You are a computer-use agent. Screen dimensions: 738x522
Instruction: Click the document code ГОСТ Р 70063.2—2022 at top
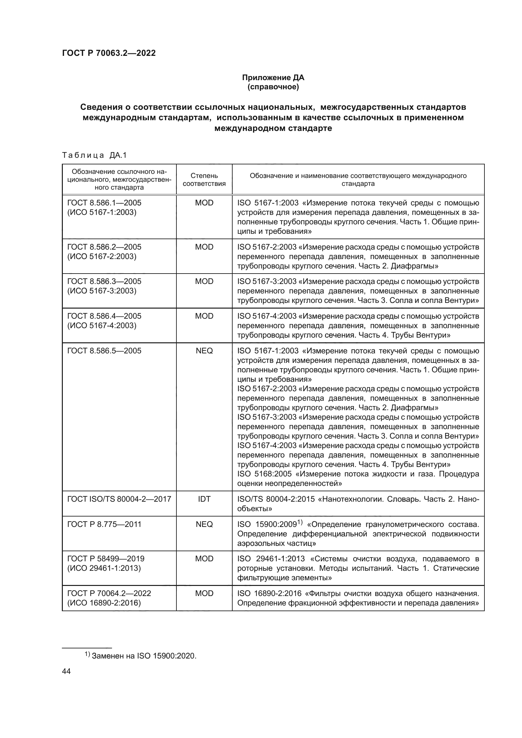click(x=109, y=53)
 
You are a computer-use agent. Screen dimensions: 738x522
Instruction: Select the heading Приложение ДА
click(x=273, y=78)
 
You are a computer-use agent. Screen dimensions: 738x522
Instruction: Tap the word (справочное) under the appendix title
click(x=273, y=87)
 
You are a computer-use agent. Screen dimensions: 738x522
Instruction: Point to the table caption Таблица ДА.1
click(x=94, y=155)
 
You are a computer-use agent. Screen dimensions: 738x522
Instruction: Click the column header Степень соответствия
click(x=204, y=179)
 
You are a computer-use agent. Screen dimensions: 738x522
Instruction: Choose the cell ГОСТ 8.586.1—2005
click(x=104, y=203)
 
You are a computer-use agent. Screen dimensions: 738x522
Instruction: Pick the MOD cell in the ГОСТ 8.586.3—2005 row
click(x=204, y=281)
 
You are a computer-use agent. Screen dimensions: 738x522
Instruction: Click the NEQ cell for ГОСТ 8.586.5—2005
click(x=204, y=351)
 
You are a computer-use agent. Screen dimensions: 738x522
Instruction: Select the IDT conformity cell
click(x=204, y=499)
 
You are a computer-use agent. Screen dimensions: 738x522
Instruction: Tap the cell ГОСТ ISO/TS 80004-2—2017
click(x=119, y=499)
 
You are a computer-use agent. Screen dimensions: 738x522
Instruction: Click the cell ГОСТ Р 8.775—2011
click(x=104, y=524)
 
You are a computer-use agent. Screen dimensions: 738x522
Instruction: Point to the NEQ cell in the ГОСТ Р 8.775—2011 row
click(x=204, y=524)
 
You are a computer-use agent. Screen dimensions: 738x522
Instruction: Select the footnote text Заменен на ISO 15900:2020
click(x=144, y=656)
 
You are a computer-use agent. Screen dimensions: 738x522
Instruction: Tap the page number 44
click(x=66, y=671)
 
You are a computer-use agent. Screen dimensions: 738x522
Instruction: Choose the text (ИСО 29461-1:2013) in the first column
click(x=104, y=568)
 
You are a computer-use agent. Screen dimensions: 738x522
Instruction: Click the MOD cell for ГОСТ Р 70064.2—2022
click(x=204, y=593)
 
